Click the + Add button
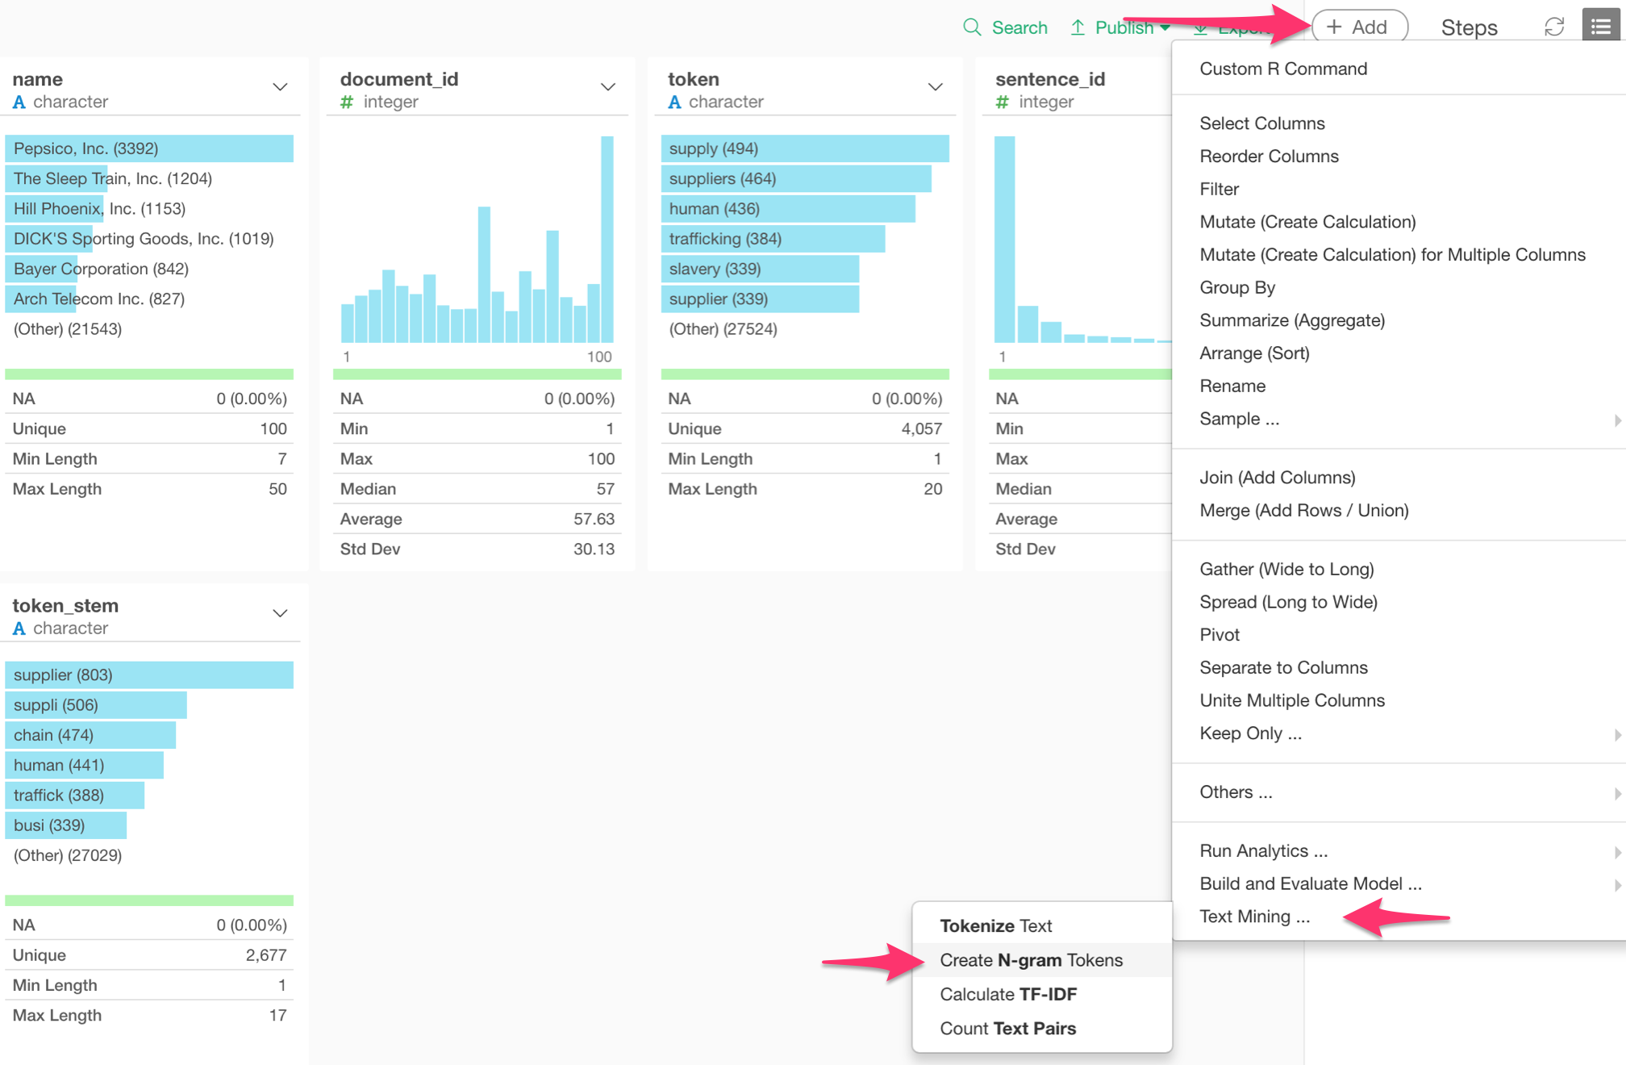pyautogui.click(x=1359, y=27)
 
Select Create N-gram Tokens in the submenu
pyautogui.click(x=1031, y=960)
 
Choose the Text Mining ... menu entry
pyautogui.click(x=1254, y=917)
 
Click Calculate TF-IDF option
pyautogui.click(x=1008, y=994)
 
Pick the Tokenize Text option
pyautogui.click(x=995, y=925)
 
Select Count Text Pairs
pyautogui.click(x=1007, y=1029)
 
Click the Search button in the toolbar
pyautogui.click(x=1005, y=27)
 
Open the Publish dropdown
pyautogui.click(x=1121, y=27)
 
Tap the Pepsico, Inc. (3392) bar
pyautogui.click(x=149, y=148)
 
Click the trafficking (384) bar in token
pyautogui.click(x=772, y=239)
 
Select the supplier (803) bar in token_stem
pyautogui.click(x=149, y=675)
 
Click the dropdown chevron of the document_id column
pyautogui.click(x=608, y=87)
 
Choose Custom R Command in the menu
pyautogui.click(x=1282, y=69)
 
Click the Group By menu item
pyautogui.click(x=1236, y=287)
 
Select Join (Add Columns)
pyautogui.click(x=1277, y=478)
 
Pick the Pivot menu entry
pyautogui.click(x=1219, y=635)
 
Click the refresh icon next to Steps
pyautogui.click(x=1553, y=27)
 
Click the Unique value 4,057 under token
pyautogui.click(x=921, y=429)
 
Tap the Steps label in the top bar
pyautogui.click(x=1469, y=27)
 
